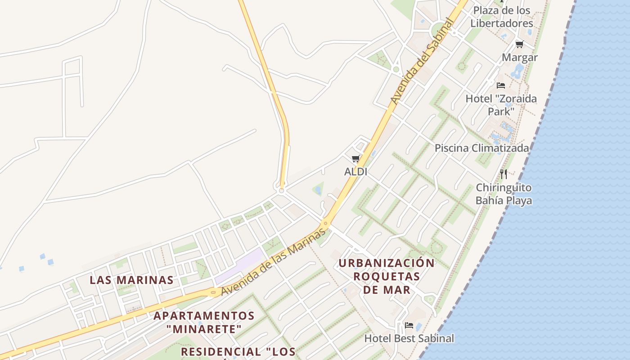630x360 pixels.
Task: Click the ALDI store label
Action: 355,171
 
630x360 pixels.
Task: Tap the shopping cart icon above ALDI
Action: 355,159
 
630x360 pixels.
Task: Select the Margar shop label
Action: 520,58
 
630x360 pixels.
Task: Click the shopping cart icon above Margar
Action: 520,44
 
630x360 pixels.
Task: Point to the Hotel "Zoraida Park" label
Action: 501,104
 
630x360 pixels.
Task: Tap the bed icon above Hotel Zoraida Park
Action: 501,85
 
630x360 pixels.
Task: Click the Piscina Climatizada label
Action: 481,148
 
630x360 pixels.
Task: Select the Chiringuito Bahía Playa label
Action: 504,194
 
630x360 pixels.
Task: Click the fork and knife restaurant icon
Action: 504,174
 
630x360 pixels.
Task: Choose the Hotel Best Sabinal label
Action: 409,338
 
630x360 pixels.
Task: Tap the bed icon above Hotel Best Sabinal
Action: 409,325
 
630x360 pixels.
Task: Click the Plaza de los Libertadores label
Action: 502,17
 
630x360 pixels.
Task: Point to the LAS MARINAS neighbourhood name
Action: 131,280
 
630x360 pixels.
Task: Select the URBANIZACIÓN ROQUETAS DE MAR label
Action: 387,276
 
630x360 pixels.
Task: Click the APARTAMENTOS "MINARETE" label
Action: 204,322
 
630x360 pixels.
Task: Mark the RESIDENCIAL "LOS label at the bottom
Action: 238,351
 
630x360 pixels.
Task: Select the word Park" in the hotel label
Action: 501,111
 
